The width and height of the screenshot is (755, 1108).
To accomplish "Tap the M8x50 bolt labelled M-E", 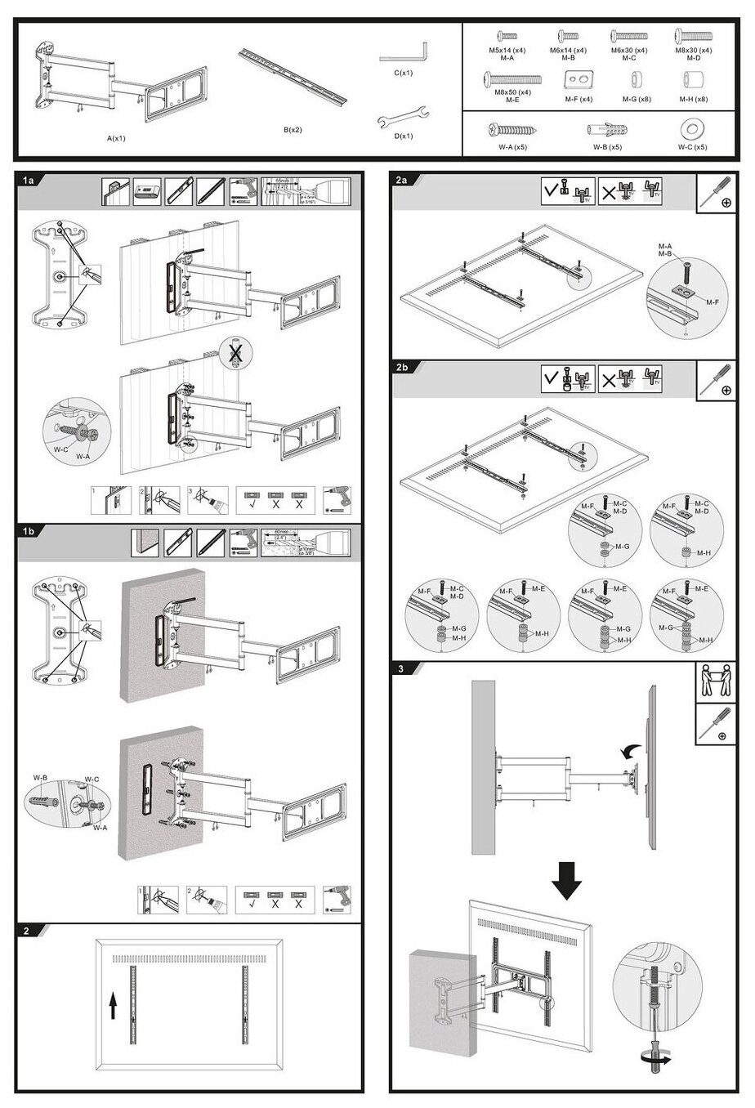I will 512,79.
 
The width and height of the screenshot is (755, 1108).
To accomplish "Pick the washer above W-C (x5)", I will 692,130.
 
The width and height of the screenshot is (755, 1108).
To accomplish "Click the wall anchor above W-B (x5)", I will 606,130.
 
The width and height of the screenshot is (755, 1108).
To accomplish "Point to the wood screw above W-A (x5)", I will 512,130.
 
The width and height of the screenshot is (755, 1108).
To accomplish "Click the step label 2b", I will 402,367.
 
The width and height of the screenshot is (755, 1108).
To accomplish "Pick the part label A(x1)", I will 116,138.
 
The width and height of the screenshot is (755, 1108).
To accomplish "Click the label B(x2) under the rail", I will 292,129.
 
